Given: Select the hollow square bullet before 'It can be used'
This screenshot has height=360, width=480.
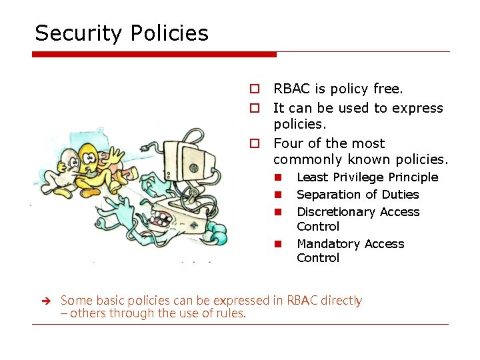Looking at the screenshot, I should tap(254, 108).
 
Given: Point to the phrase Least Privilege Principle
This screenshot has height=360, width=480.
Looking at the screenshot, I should tap(367, 177).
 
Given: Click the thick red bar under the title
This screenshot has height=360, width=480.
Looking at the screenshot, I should tap(154, 54).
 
